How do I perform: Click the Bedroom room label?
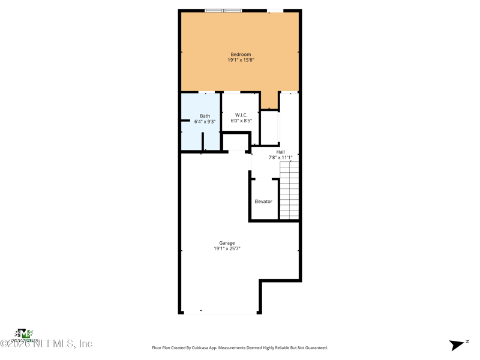click(x=241, y=55)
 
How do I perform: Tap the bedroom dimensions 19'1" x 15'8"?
click(x=241, y=60)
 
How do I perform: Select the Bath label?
click(x=205, y=116)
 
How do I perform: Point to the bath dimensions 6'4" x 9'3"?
click(x=205, y=122)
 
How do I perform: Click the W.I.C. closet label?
click(x=241, y=115)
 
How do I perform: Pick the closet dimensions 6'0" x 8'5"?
click(x=241, y=121)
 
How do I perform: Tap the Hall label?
click(x=280, y=152)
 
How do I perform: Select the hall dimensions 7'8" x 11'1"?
click(x=280, y=158)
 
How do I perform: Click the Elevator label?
click(x=263, y=202)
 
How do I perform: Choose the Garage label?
click(x=227, y=243)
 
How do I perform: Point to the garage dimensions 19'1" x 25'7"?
click(x=227, y=248)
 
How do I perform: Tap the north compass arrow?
click(x=458, y=344)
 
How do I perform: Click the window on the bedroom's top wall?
click(x=223, y=10)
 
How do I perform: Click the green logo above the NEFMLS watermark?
click(x=23, y=334)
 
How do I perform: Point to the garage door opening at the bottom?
click(x=220, y=312)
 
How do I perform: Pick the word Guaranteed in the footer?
click(x=315, y=348)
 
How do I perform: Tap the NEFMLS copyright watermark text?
click(x=47, y=344)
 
